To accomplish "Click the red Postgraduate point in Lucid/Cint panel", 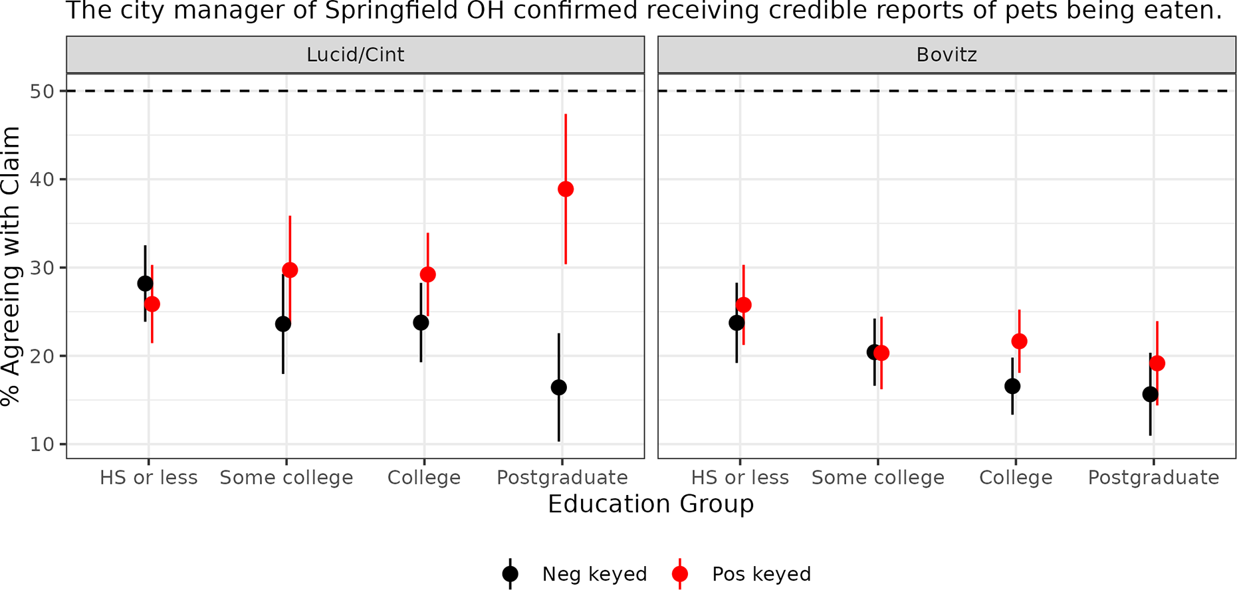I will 566,189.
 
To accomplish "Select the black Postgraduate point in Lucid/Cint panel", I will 559,387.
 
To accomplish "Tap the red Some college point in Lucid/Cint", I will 290,270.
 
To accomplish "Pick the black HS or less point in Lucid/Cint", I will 145,284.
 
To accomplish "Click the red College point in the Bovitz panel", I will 1019,342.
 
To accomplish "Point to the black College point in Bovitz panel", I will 1012,386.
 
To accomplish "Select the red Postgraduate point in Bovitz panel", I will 1157,363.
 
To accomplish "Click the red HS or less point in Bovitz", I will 744,305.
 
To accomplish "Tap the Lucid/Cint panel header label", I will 355,54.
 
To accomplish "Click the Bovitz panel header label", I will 947,54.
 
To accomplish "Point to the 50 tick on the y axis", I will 42,91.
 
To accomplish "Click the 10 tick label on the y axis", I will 42,444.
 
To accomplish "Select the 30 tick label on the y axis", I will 42,268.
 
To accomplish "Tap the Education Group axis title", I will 651,504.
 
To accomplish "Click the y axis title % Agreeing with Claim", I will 11,266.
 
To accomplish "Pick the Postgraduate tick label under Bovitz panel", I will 1153,478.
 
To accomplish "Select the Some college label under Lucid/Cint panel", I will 286,478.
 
